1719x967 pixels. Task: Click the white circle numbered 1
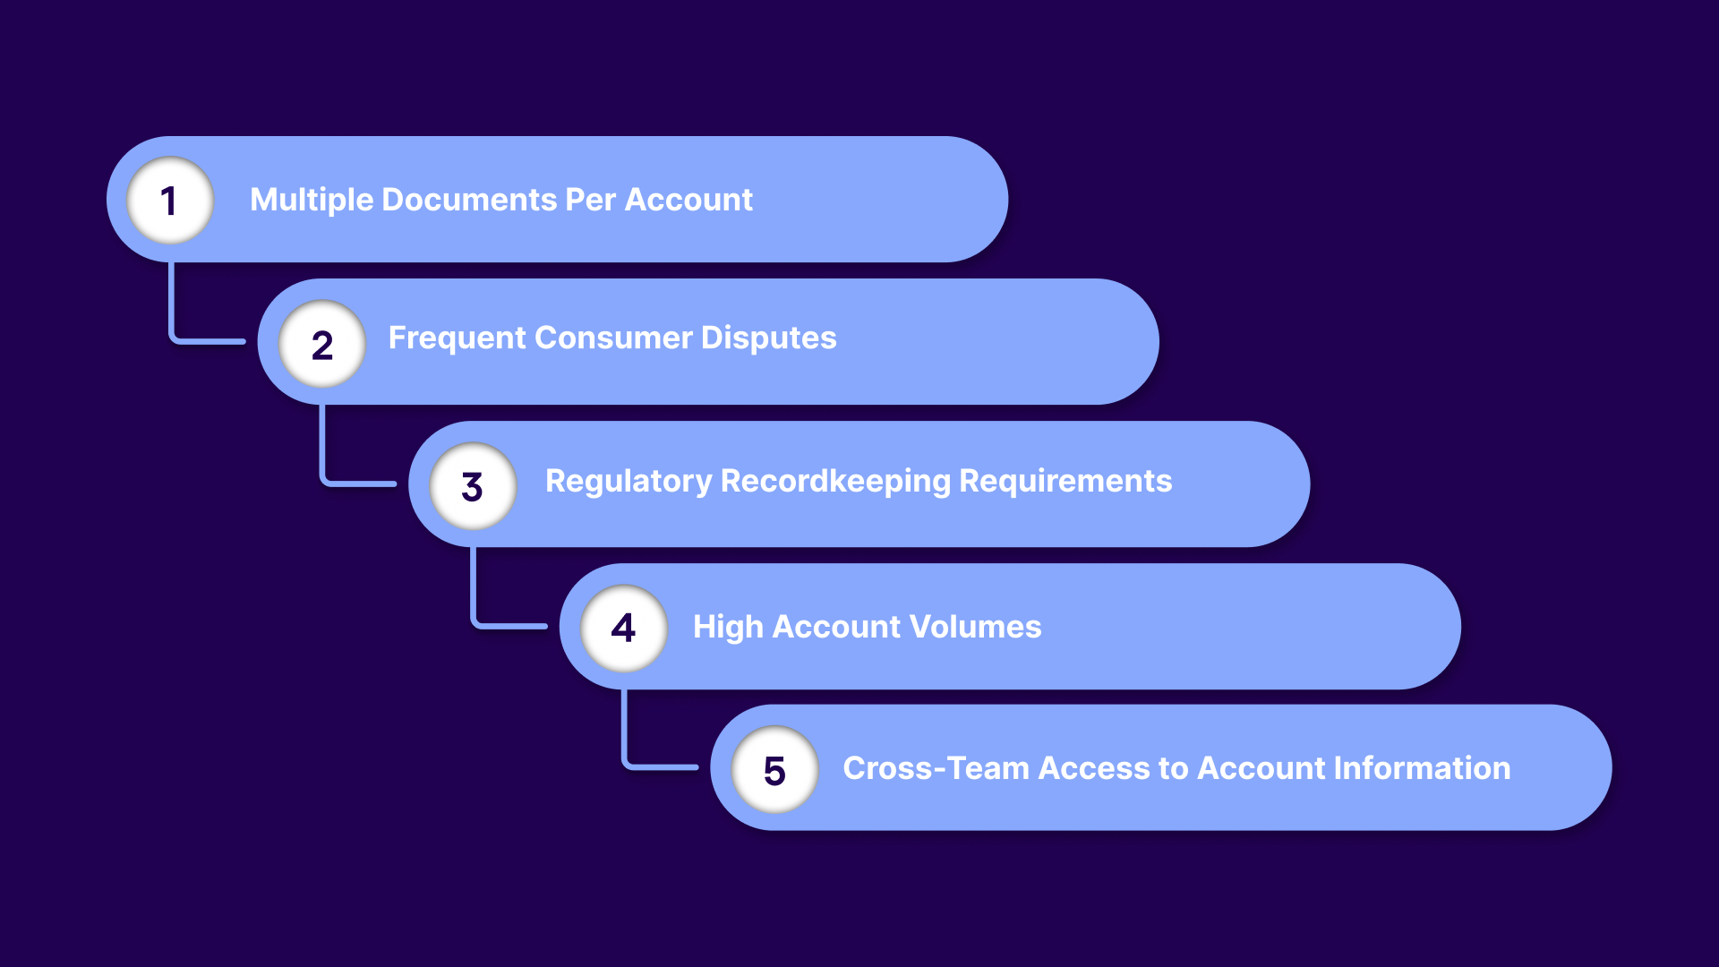coord(170,201)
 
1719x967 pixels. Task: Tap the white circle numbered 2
coord(322,344)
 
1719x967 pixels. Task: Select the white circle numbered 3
coord(473,486)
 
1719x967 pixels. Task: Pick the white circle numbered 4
coord(624,628)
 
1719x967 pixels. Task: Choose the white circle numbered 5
coord(774,770)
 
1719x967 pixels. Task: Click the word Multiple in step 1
coord(312,200)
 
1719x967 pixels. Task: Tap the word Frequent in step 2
coord(458,338)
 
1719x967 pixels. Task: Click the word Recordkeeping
coord(834,482)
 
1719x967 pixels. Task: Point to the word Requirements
coord(1065,482)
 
